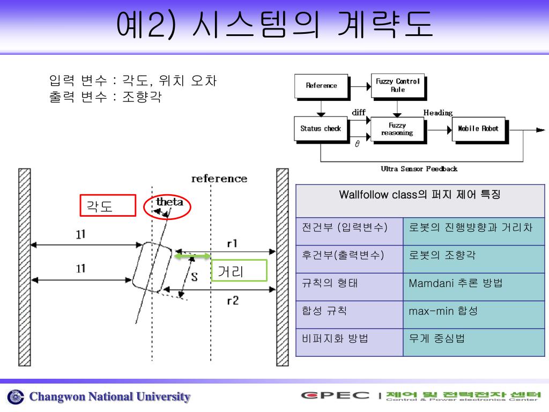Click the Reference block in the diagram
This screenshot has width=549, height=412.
tap(321, 85)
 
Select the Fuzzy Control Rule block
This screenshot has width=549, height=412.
tap(397, 85)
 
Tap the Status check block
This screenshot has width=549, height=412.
tap(321, 129)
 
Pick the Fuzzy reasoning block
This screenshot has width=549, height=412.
tap(397, 129)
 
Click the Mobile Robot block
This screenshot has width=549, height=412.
tap(478, 129)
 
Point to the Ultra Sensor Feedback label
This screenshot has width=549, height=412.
tap(419, 169)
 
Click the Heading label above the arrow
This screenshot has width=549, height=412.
tap(438, 113)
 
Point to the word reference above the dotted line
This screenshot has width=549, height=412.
tap(219, 179)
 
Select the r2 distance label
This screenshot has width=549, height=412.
tap(232, 301)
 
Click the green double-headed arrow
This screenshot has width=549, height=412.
tap(192, 256)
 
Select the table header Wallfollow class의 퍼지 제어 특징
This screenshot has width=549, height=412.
tap(420, 195)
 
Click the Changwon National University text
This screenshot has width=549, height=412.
tap(109, 397)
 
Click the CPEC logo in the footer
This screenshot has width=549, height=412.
tap(335, 396)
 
